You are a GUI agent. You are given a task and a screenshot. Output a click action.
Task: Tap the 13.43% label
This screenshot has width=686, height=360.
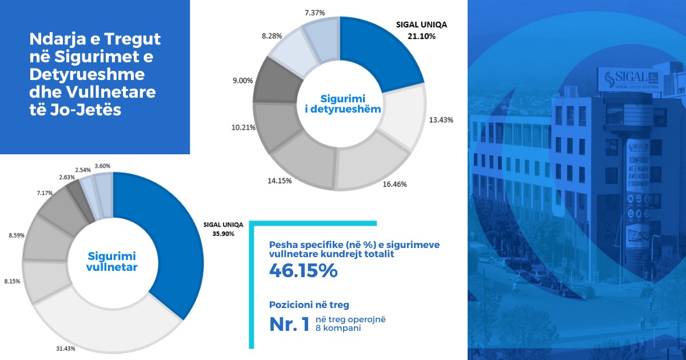[441, 119]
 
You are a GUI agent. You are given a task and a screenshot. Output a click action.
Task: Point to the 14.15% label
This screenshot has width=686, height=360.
[280, 181]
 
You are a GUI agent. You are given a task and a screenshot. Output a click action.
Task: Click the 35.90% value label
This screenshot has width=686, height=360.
[223, 233]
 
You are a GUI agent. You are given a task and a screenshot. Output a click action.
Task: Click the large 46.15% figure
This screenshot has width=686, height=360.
[303, 271]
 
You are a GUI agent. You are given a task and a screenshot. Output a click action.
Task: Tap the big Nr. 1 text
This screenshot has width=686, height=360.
[289, 324]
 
